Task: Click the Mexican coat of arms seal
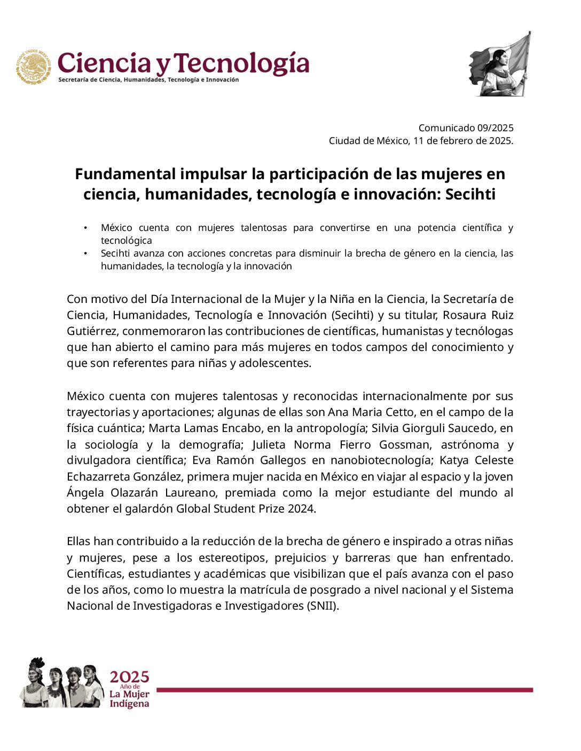click(34, 67)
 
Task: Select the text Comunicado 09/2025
click(466, 128)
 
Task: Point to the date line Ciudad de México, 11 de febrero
click(421, 141)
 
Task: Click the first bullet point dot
click(85, 228)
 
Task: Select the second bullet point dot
click(85, 254)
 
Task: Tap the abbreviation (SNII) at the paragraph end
click(323, 606)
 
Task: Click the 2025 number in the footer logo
click(129, 677)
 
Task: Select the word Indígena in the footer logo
click(129, 704)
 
